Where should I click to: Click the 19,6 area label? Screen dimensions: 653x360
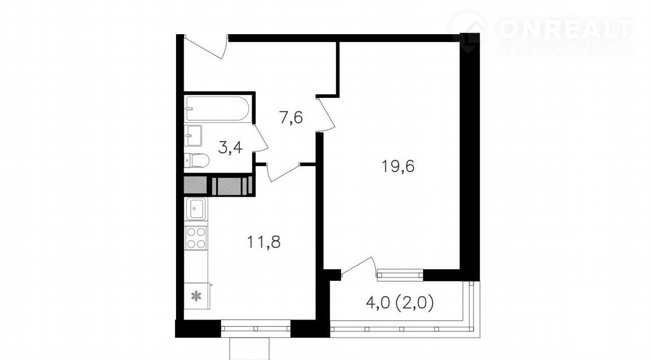pyautogui.click(x=398, y=167)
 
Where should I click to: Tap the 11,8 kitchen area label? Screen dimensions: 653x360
pyautogui.click(x=264, y=242)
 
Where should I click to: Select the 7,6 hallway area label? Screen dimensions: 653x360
pyautogui.click(x=291, y=118)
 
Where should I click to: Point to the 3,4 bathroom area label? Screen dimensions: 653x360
pyautogui.click(x=230, y=148)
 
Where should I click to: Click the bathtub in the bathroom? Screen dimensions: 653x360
pyautogui.click(x=218, y=109)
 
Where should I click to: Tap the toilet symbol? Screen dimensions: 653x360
pyautogui.click(x=197, y=161)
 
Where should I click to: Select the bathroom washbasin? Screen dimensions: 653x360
pyautogui.click(x=193, y=136)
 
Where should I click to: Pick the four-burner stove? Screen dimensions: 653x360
pyautogui.click(x=196, y=238)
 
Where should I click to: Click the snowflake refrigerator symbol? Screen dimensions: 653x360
pyautogui.click(x=196, y=296)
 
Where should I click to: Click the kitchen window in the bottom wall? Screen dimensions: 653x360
pyautogui.click(x=256, y=328)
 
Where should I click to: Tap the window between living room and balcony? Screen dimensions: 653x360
pyautogui.click(x=399, y=275)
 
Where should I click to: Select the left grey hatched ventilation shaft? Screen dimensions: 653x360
pyautogui.click(x=195, y=186)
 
